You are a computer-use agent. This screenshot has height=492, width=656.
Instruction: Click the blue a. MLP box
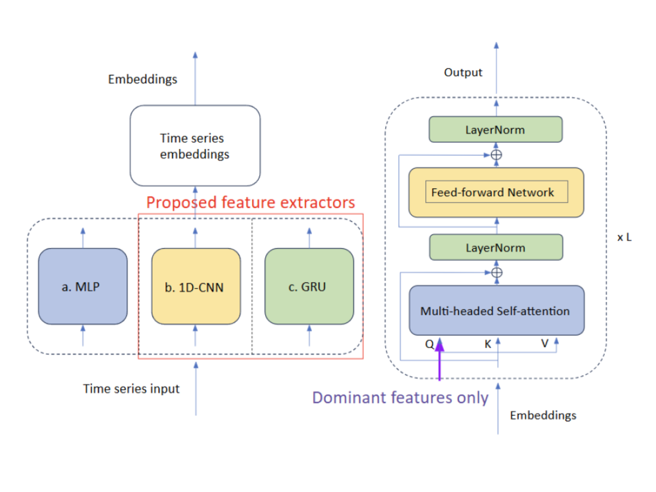click(x=82, y=286)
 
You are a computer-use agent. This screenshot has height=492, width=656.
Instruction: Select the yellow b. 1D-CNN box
click(x=196, y=286)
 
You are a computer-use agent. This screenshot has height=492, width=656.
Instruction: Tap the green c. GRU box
click(x=309, y=286)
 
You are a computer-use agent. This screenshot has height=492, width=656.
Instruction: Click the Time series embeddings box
click(x=195, y=146)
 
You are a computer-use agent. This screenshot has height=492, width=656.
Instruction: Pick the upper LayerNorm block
click(x=496, y=129)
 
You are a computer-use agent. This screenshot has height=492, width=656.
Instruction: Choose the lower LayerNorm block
click(x=496, y=247)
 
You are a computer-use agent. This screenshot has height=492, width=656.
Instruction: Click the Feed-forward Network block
click(x=496, y=193)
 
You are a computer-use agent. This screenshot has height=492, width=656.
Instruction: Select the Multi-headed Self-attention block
click(x=496, y=310)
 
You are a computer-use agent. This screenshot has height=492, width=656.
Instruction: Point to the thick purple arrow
click(x=439, y=359)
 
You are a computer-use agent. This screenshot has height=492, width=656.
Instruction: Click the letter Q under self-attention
click(x=429, y=344)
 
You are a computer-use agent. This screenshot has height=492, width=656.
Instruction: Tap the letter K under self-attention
click(x=487, y=344)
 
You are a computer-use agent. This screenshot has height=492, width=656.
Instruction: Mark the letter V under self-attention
click(x=545, y=344)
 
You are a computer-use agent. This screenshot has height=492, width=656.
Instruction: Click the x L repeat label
click(x=624, y=237)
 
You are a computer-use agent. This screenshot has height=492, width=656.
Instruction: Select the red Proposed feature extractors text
click(x=250, y=203)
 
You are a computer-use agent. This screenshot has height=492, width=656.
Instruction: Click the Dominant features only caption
click(x=400, y=398)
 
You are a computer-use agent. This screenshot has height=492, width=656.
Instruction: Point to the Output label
click(x=463, y=72)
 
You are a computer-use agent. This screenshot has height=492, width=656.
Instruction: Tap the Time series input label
click(x=131, y=389)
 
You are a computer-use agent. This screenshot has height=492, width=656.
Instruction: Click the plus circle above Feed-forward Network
click(x=496, y=155)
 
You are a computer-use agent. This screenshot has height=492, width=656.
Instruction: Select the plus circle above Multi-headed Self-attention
click(x=497, y=273)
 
